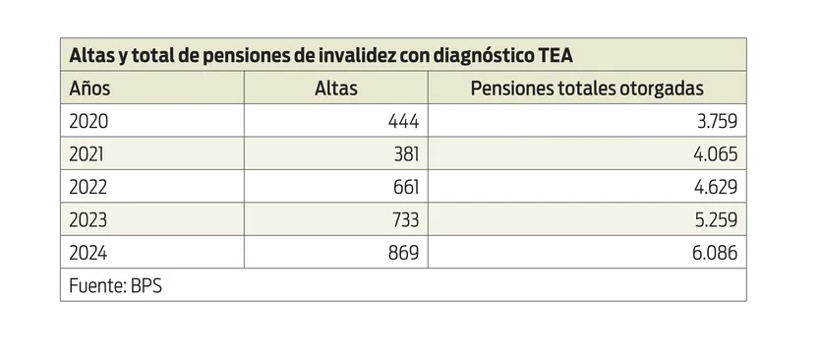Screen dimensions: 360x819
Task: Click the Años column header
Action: click(89, 89)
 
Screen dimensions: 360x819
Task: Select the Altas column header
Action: click(335, 89)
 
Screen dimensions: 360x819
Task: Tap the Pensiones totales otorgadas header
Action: click(587, 89)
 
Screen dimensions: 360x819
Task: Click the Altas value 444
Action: click(403, 122)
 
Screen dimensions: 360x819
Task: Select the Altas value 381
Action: click(404, 154)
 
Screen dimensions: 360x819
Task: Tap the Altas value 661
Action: click(404, 187)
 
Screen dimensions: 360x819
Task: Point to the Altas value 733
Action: click(404, 219)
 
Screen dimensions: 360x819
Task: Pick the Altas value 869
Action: click(403, 252)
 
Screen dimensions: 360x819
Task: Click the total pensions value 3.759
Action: click(715, 122)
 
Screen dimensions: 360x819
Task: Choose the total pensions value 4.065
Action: click(715, 154)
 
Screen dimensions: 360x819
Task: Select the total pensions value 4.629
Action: click(715, 187)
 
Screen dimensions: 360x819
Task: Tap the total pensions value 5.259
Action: click(715, 219)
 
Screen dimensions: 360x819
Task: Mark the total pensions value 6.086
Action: click(715, 252)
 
